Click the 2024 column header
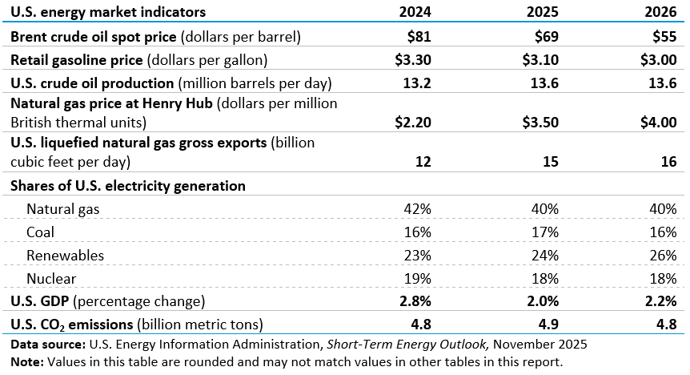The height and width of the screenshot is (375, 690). pyautogui.click(x=415, y=12)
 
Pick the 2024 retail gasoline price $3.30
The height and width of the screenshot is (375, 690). pyautogui.click(x=413, y=59)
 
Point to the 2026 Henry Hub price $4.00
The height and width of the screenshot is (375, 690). pyautogui.click(x=659, y=123)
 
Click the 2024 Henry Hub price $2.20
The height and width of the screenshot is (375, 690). pyautogui.click(x=413, y=123)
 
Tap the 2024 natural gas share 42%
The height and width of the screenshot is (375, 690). pyautogui.click(x=419, y=208)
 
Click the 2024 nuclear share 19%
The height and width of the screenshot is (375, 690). pyautogui.click(x=419, y=278)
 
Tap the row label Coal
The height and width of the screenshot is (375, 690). pyautogui.click(x=41, y=232)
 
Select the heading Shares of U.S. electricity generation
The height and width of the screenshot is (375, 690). pyautogui.click(x=128, y=185)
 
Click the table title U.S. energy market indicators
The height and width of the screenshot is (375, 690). pyautogui.click(x=108, y=12)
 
